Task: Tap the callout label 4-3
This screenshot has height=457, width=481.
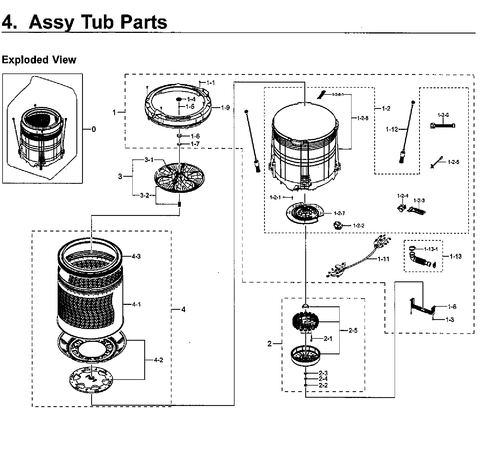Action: coord(136,256)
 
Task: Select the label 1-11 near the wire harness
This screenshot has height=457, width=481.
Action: coord(383,259)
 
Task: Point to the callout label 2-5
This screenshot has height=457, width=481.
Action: coord(353,330)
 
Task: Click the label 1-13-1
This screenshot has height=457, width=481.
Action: coord(431,249)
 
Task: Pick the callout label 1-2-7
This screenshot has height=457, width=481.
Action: coord(339,213)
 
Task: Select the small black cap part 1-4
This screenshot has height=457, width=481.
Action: coord(179,99)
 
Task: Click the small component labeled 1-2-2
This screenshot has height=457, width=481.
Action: coord(338,226)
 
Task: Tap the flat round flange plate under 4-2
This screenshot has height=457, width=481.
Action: coord(91,379)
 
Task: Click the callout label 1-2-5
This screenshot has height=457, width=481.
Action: coord(453,162)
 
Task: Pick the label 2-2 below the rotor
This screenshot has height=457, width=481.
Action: coord(323,385)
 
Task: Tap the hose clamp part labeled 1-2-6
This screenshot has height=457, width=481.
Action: coord(443,125)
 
